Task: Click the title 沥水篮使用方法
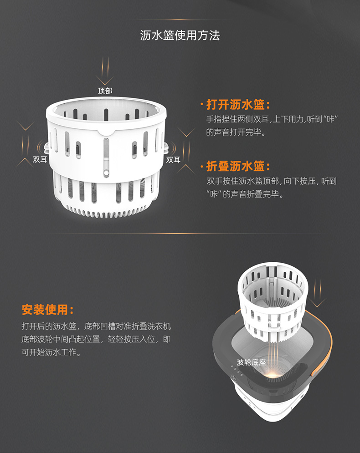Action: point(180,35)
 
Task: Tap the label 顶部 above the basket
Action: point(105,91)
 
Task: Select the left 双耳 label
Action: point(40,159)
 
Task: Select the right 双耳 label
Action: point(173,160)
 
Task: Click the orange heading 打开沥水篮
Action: point(235,105)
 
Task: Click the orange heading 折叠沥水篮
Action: point(235,166)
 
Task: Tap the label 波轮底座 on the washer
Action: point(251,362)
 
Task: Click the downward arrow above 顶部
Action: point(105,71)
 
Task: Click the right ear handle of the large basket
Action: point(166,148)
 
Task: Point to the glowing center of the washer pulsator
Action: point(272,375)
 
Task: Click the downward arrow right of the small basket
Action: point(318,293)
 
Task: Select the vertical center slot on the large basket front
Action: point(107,156)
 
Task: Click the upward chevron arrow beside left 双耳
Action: point(25,163)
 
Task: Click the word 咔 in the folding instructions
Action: point(214,194)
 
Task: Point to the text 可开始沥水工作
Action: point(49,352)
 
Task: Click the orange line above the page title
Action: point(180,20)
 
